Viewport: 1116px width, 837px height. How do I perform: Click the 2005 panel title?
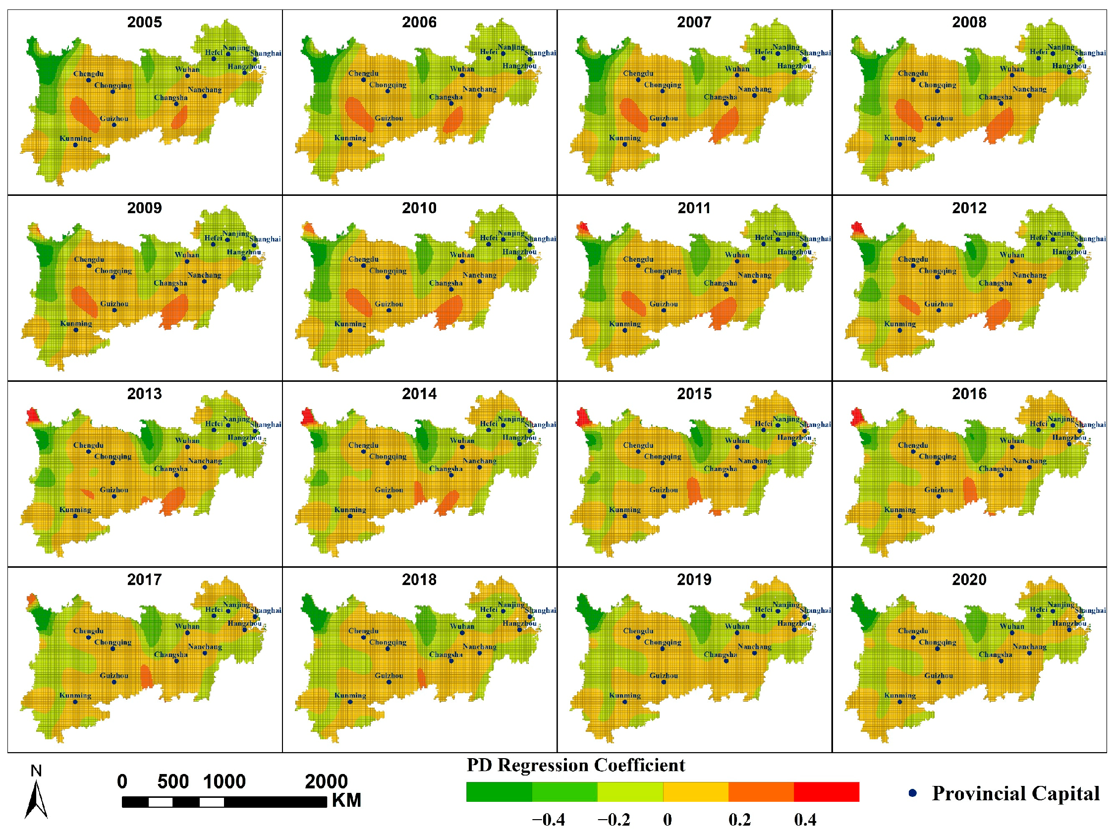[144, 22]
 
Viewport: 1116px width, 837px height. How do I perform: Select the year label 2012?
[969, 208]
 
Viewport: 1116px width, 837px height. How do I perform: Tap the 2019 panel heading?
[694, 580]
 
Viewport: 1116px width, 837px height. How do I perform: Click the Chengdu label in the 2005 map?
[88, 74]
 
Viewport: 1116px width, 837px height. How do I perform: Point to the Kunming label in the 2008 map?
[899, 138]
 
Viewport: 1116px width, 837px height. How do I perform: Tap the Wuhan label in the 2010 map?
[462, 255]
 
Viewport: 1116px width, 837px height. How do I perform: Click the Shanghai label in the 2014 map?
[540, 424]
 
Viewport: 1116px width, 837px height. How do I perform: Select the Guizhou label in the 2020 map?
[939, 675]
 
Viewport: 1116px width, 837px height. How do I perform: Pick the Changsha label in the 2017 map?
[170, 655]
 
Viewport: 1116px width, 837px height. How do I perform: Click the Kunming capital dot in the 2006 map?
[350, 144]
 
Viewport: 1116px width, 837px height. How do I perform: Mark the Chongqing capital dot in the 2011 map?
[663, 277]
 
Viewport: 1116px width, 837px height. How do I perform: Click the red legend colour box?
[826, 791]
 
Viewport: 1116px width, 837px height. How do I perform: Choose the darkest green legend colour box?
[499, 791]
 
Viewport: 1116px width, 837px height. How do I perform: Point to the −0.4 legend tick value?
[549, 820]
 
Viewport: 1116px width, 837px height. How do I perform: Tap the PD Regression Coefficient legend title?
[576, 765]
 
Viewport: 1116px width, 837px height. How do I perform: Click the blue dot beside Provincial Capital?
[912, 793]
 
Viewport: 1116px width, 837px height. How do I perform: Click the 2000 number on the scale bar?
[326, 781]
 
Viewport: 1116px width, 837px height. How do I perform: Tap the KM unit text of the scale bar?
[346, 801]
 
